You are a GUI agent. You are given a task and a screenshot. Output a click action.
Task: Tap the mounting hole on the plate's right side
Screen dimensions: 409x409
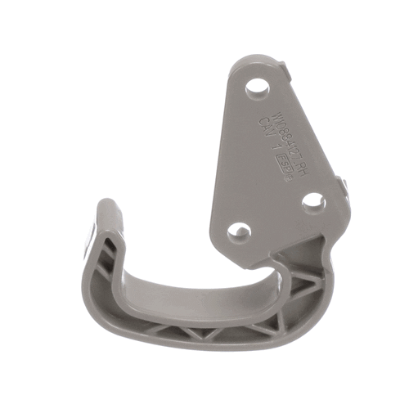tap(312, 200)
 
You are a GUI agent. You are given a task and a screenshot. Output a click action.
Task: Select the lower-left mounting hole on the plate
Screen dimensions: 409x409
tap(238, 231)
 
